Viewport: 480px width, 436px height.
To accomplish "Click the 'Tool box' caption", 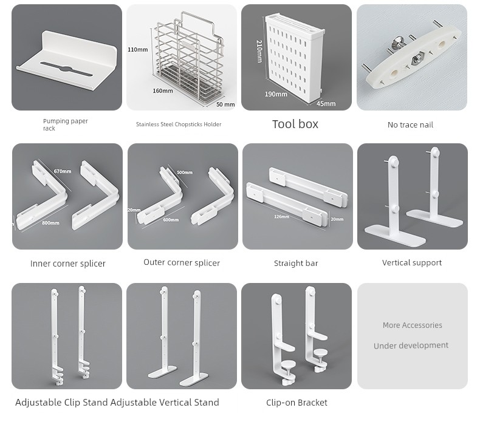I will (x=295, y=124).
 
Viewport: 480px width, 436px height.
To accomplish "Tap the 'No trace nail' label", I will (x=410, y=125).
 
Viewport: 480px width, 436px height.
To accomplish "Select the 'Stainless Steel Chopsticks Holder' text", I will (x=179, y=124).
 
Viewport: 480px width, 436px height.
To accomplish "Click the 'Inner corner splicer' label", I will (x=68, y=264).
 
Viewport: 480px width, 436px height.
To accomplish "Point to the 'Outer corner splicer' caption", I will (x=182, y=263).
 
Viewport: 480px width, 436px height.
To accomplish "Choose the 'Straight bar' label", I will (x=296, y=264).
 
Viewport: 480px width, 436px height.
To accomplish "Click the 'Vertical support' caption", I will (x=412, y=263).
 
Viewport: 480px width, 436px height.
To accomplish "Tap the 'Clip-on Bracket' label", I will (x=297, y=403).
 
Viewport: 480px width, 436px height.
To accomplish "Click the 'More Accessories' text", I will (x=413, y=325).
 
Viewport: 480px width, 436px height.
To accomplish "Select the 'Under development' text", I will (x=411, y=346).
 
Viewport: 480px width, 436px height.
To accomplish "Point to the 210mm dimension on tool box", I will (x=259, y=51).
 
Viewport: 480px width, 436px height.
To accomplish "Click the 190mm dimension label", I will (x=276, y=94).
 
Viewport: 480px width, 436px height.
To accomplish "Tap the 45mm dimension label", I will (x=326, y=104).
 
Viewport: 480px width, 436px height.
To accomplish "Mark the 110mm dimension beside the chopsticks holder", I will (x=138, y=50).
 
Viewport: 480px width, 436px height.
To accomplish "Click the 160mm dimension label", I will (x=163, y=91).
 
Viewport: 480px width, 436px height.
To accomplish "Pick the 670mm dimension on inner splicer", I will (x=63, y=172).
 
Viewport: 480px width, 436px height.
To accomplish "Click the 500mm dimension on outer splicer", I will (x=185, y=173).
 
